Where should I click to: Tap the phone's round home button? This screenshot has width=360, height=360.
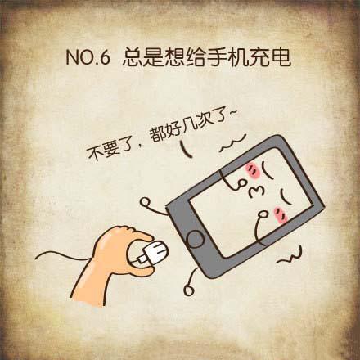tap(196, 238)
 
